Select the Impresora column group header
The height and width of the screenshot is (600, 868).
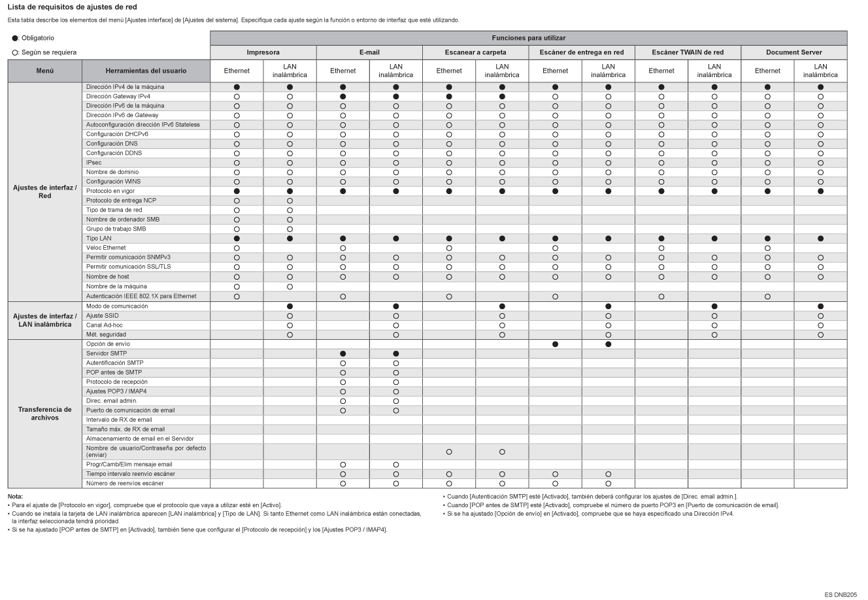point(263,52)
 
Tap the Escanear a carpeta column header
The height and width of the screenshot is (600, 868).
point(475,52)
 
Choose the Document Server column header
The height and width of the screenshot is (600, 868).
point(793,52)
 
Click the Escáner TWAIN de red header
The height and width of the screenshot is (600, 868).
point(688,52)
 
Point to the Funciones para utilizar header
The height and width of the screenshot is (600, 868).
point(528,38)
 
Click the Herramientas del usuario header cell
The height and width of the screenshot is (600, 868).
point(146,71)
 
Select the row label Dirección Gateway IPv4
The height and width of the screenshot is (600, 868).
point(109,96)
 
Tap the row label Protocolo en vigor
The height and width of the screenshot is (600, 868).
point(110,191)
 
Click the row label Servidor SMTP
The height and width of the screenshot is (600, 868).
point(107,353)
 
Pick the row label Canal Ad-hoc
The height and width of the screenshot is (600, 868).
point(105,325)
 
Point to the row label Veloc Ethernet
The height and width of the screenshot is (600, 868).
point(106,248)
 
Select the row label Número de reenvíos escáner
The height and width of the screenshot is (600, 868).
point(125,483)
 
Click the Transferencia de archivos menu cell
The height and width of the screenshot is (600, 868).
point(44,414)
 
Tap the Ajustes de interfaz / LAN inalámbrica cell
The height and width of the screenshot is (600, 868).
point(44,320)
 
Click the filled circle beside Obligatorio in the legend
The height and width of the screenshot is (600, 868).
point(14,39)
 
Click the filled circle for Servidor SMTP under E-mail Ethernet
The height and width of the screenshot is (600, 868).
point(342,353)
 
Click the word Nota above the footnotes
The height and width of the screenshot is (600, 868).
point(15,497)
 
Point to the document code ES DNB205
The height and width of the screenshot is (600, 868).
point(841,594)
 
